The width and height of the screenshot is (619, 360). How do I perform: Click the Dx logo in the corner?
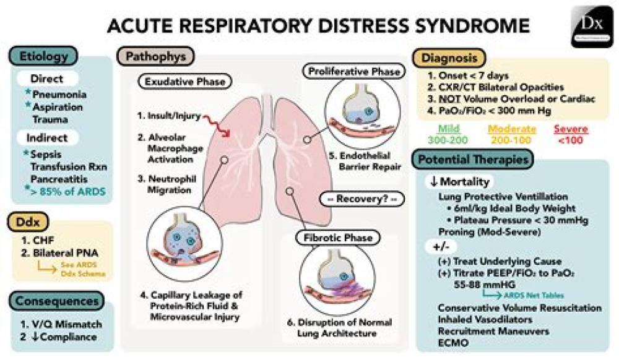pos(591,26)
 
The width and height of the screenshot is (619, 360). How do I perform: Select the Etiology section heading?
pos(43,57)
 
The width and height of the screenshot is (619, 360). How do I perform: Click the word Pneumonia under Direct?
pos(60,95)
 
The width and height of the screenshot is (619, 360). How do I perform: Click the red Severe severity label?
pos(571,130)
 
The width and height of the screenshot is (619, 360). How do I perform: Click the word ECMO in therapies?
pos(452,341)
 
